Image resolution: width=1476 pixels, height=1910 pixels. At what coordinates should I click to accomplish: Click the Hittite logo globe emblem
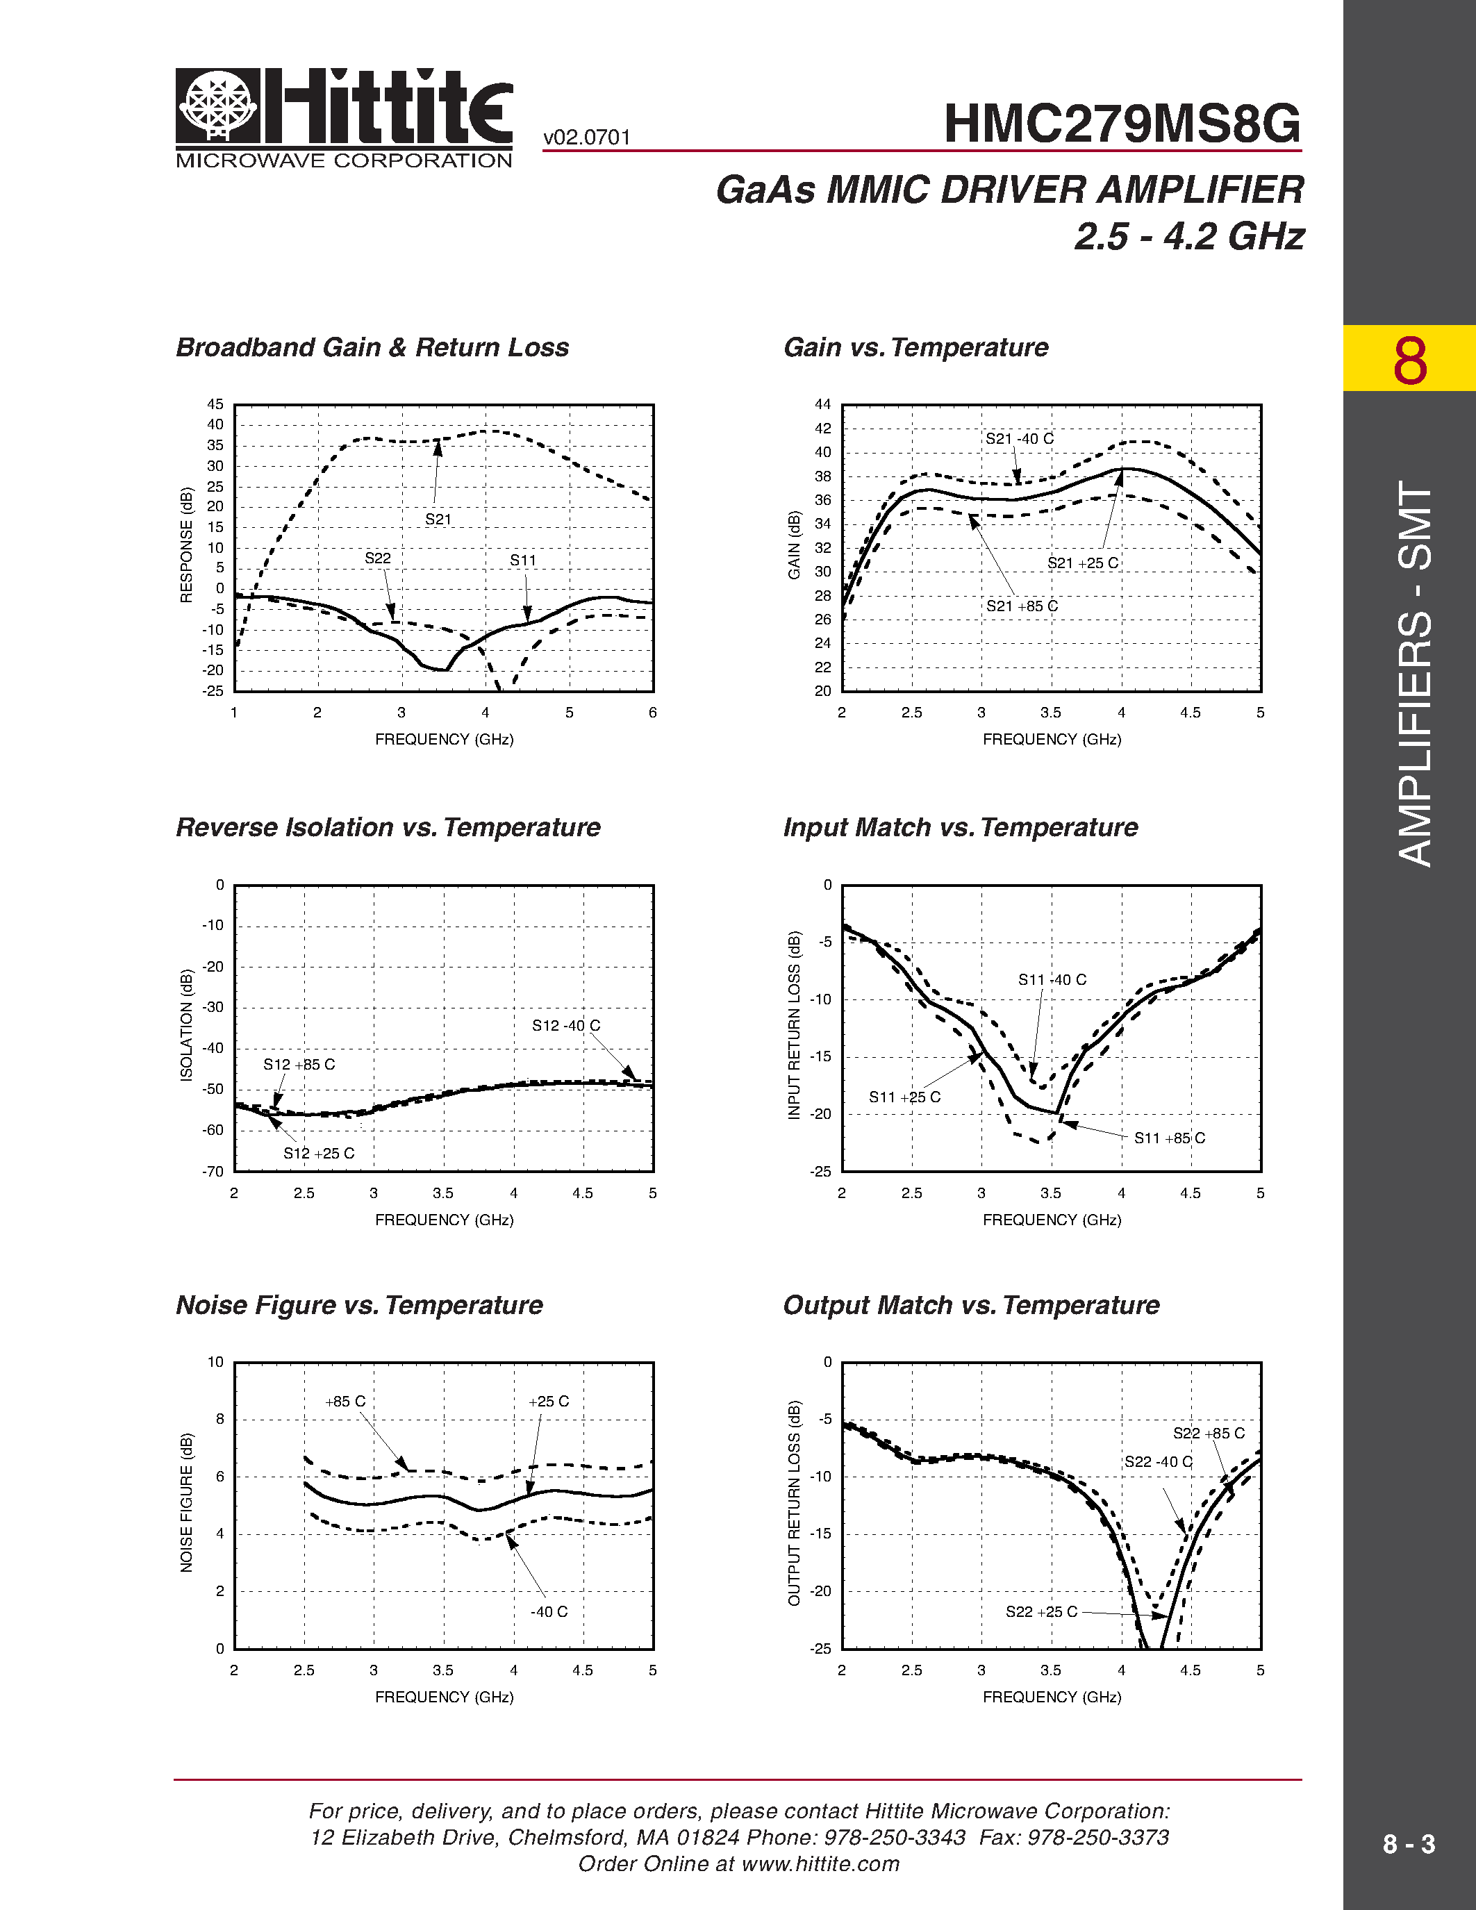pyautogui.click(x=217, y=106)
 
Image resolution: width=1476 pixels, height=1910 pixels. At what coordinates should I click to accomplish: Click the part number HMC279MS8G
pyautogui.click(x=1122, y=124)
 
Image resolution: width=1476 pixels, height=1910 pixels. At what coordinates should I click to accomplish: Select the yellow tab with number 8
pyautogui.click(x=1409, y=358)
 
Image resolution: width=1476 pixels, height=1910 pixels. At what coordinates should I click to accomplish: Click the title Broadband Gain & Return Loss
pyautogui.click(x=372, y=347)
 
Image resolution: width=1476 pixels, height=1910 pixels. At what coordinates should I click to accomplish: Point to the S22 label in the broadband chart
pyautogui.click(x=378, y=558)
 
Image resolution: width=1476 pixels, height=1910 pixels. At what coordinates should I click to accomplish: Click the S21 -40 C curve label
pyautogui.click(x=1020, y=438)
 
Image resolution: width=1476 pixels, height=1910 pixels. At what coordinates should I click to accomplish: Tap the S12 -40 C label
pyautogui.click(x=565, y=1025)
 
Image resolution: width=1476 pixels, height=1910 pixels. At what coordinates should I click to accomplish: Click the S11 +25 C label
pyautogui.click(x=904, y=1097)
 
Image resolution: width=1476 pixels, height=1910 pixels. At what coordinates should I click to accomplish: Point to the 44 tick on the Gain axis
pyautogui.click(x=823, y=404)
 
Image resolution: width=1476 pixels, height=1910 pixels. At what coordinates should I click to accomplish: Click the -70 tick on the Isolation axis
pyautogui.click(x=213, y=1172)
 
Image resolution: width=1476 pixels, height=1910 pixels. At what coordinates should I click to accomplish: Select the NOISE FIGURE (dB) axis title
pyautogui.click(x=186, y=1502)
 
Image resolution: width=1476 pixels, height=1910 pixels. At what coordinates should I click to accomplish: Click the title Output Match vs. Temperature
pyautogui.click(x=970, y=1305)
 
